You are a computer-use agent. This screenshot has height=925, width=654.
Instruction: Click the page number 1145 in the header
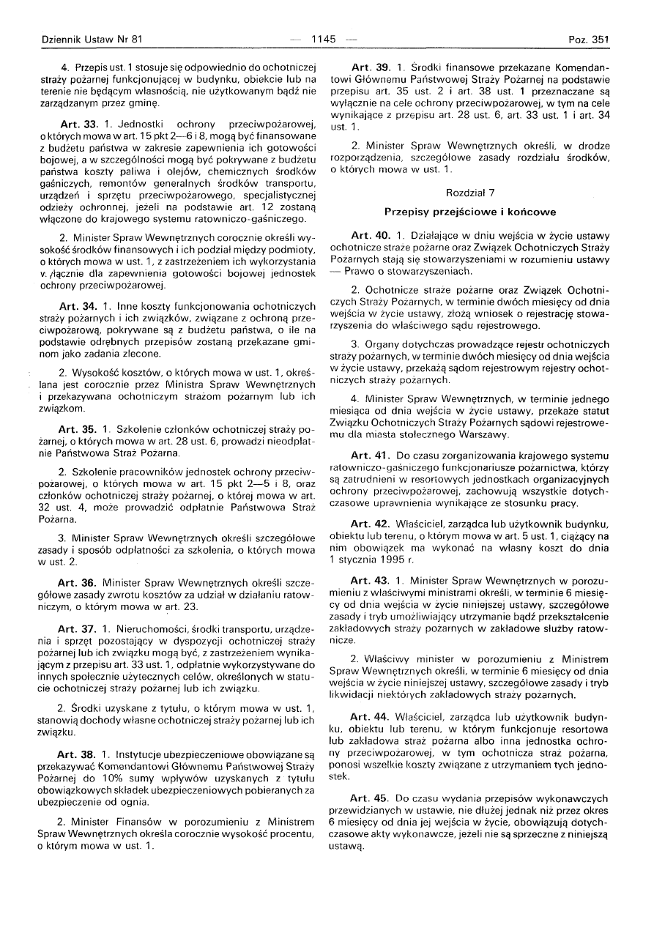click(323, 40)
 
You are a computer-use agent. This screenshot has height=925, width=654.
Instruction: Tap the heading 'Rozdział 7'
click(470, 192)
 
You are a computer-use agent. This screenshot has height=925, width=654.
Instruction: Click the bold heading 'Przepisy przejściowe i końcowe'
click(470, 212)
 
